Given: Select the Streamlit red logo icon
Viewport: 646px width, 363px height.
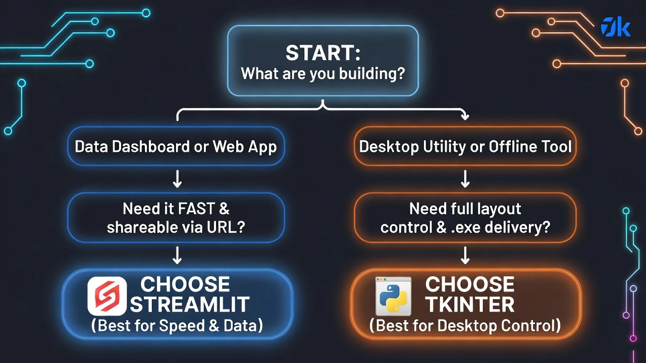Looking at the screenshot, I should tap(106, 296).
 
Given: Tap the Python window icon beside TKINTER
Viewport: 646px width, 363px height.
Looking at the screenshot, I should tap(394, 296).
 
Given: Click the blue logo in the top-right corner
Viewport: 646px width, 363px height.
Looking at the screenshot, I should tap(615, 27).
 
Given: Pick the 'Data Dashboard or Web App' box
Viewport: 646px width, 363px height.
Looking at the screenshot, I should tap(176, 147).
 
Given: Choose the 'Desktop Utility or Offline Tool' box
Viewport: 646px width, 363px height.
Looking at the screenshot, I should tap(465, 147).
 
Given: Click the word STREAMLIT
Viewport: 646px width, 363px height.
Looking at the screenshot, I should tap(190, 305).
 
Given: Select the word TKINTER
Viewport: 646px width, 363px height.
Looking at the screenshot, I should tap(470, 305).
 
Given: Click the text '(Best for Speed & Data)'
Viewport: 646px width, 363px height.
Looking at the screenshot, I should tap(177, 326).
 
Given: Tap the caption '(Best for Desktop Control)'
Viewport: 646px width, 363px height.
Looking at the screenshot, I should tap(465, 326).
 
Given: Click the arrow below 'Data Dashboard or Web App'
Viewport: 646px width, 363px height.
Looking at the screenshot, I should tap(177, 179).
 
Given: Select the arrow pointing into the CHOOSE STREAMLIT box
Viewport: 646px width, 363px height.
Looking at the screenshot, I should tap(177, 256).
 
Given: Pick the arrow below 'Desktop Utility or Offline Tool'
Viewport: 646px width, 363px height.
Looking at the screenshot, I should tap(465, 179).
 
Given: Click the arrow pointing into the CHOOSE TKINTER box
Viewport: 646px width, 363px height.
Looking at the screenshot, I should tap(465, 256).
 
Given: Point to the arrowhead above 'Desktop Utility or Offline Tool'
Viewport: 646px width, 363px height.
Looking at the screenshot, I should tap(465, 116).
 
